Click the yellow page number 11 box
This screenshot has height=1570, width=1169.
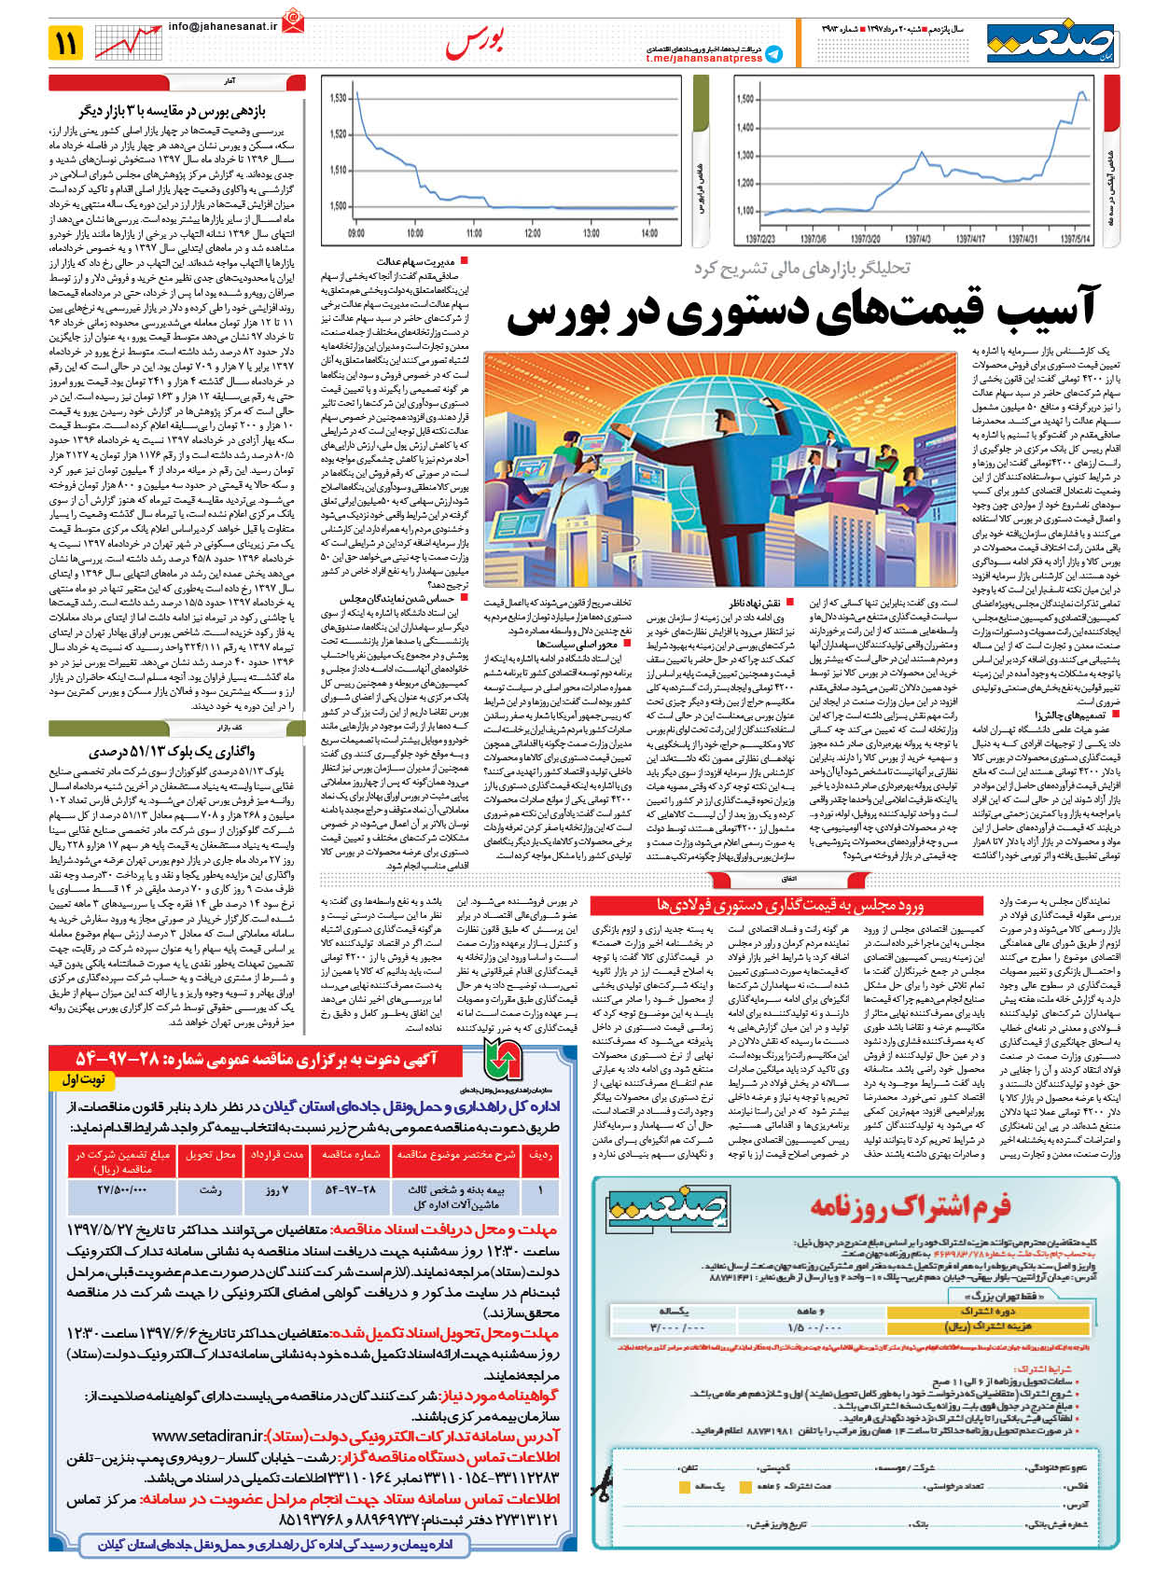pyautogui.click(x=66, y=43)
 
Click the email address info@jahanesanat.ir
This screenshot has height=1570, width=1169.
pyautogui.click(x=223, y=27)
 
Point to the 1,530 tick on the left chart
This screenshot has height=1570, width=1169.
pyautogui.click(x=338, y=98)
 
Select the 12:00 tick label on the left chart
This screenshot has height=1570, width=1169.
pyautogui.click(x=533, y=233)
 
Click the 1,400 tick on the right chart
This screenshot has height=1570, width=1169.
pyautogui.click(x=745, y=128)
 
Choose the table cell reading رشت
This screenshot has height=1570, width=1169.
pyautogui.click(x=211, y=1189)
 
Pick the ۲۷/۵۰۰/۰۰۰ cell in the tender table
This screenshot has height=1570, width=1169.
pyautogui.click(x=121, y=1189)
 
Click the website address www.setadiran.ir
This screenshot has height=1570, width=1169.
pyautogui.click(x=207, y=1436)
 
